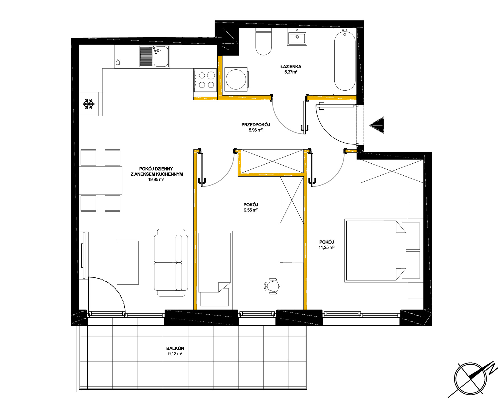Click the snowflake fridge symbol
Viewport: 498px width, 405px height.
tap(89, 104)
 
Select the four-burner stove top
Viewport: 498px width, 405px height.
tap(205, 80)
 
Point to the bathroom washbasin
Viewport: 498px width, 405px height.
tap(297, 37)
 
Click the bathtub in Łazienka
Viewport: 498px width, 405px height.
tap(345, 61)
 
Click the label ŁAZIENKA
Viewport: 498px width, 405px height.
tap(291, 67)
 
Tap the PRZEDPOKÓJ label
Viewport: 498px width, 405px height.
tap(256, 124)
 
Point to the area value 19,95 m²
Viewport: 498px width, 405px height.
tap(156, 180)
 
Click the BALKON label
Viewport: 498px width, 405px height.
tap(175, 348)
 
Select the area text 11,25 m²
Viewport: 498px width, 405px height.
tap(326, 248)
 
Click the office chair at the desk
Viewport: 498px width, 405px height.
tap(272, 286)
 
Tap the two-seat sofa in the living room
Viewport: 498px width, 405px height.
tap(171, 263)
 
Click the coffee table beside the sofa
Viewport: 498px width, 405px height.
tap(127, 263)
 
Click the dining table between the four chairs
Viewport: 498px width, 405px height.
tap(100, 180)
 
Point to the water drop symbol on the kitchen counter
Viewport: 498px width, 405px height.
tap(118, 62)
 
